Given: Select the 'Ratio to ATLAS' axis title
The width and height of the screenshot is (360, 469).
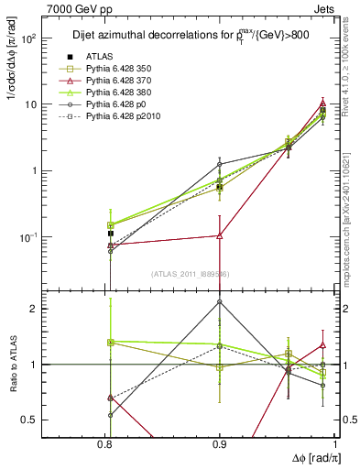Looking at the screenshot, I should [12, 365].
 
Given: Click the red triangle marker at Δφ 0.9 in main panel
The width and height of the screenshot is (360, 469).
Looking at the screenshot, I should [220, 235].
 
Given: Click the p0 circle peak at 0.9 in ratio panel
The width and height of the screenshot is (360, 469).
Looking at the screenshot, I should [220, 301].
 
